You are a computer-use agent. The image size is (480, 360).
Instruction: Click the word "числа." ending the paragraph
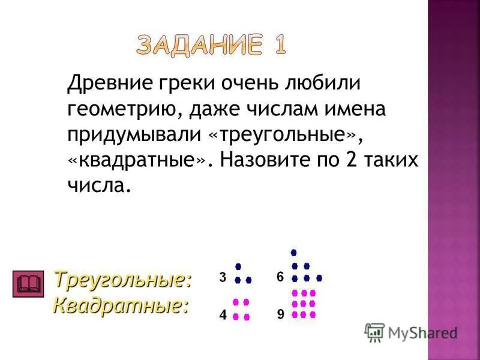click(x=98, y=187)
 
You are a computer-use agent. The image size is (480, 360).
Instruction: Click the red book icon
click(x=29, y=283)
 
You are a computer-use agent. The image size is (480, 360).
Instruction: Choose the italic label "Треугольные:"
click(x=122, y=279)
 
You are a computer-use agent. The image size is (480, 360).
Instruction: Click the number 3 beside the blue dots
click(x=223, y=278)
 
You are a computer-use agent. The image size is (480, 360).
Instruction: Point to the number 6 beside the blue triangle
click(x=280, y=277)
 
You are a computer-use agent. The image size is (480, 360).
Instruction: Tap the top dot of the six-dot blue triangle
click(x=293, y=253)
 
